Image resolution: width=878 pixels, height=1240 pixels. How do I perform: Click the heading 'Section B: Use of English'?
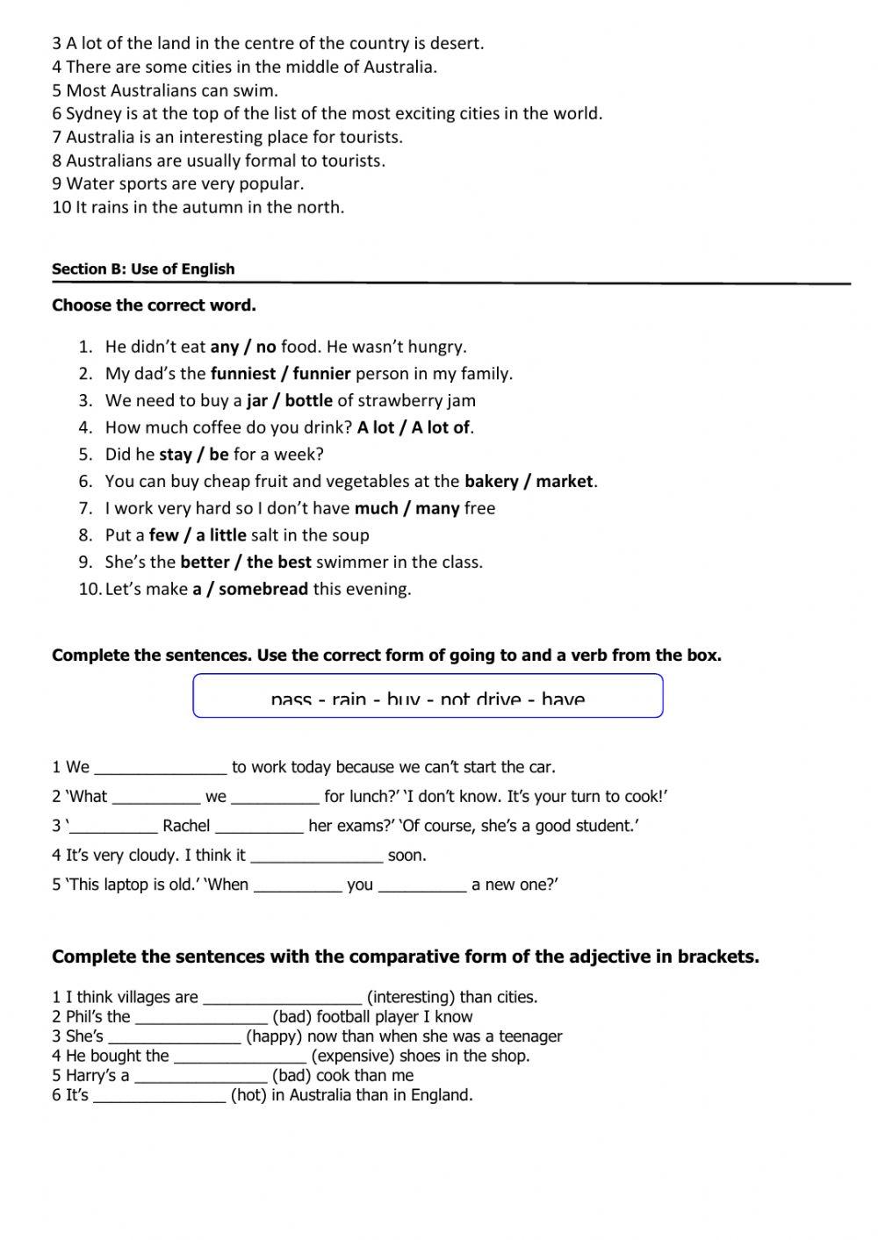143,269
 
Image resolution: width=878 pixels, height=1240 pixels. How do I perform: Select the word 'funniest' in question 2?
242,374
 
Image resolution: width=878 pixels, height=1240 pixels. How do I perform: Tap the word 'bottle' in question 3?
308,401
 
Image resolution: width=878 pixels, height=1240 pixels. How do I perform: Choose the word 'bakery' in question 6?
491,482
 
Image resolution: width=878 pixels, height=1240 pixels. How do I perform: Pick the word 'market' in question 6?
565,482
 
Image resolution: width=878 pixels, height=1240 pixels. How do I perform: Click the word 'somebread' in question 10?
263,590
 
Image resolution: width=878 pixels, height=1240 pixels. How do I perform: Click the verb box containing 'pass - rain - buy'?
428,697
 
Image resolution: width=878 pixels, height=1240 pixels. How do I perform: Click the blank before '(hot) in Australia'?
159,1096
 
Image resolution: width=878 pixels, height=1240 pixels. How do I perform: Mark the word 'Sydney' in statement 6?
93,114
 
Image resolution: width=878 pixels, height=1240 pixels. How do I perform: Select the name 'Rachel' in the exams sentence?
186,827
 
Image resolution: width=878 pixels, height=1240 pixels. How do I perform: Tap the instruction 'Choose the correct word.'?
154,306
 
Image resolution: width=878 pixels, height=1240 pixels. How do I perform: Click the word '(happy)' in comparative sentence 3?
274,1037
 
